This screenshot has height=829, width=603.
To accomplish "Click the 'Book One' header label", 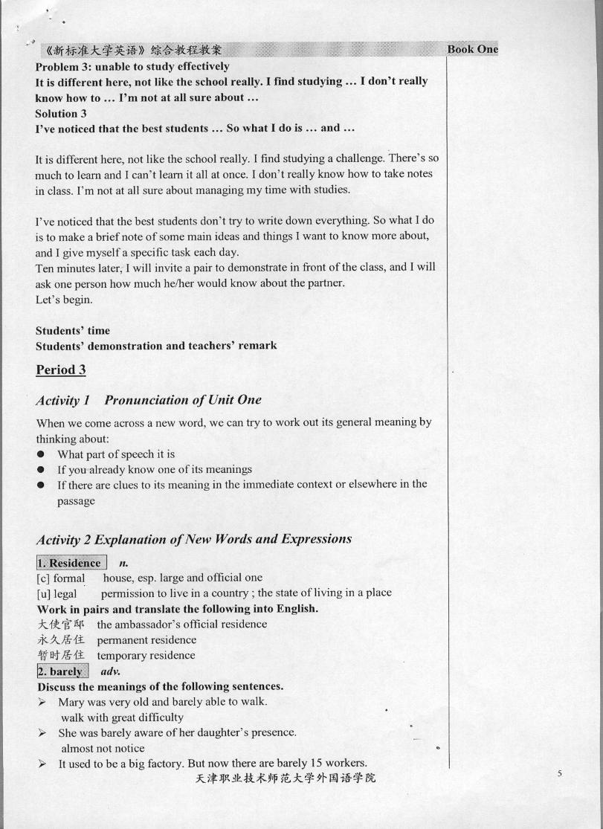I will click(x=472, y=49).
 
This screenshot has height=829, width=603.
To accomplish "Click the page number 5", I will click(x=559, y=774).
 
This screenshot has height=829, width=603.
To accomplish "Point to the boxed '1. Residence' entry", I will click(x=71, y=562).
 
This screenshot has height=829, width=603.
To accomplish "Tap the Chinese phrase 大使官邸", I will click(x=60, y=624).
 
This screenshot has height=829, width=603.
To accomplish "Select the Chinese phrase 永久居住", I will click(x=60, y=639).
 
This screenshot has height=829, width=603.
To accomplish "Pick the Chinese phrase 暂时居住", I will click(x=60, y=655).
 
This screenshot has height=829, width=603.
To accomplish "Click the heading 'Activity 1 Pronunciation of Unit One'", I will click(x=149, y=400).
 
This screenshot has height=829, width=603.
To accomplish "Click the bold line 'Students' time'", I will click(x=72, y=330).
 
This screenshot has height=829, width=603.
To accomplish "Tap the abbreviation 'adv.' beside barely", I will click(x=110, y=671).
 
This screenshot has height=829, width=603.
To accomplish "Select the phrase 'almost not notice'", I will click(x=103, y=748).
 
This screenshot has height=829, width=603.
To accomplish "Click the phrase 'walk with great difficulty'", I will click(x=123, y=717).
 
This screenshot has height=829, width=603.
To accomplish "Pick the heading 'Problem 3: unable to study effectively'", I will click(x=132, y=66).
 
